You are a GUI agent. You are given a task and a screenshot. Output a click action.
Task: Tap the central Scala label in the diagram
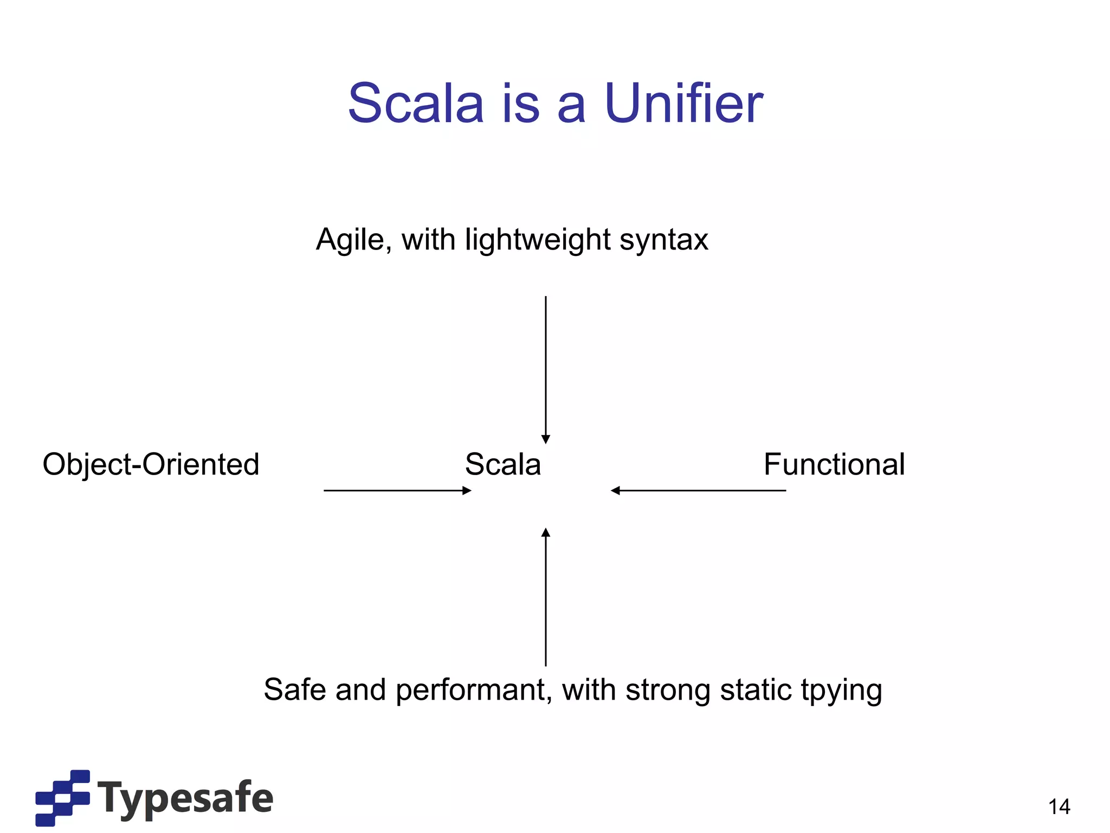[x=503, y=464]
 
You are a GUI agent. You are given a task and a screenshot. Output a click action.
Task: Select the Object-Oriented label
[x=151, y=464]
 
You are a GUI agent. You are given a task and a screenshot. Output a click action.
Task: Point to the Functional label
[x=834, y=464]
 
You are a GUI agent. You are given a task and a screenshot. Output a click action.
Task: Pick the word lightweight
[x=538, y=240]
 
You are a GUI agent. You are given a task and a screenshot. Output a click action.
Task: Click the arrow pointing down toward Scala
[x=546, y=369]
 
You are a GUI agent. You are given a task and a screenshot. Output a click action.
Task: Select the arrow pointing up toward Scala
[x=546, y=597]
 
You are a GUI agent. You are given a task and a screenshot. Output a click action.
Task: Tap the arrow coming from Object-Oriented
[x=397, y=490]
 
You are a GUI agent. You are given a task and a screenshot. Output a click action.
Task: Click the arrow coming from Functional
[x=698, y=490]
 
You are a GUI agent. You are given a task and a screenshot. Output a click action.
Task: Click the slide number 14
[x=1059, y=807]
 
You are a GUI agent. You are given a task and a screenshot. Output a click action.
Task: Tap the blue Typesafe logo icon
[x=62, y=797]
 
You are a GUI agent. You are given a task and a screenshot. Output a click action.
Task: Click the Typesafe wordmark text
[x=185, y=797]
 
